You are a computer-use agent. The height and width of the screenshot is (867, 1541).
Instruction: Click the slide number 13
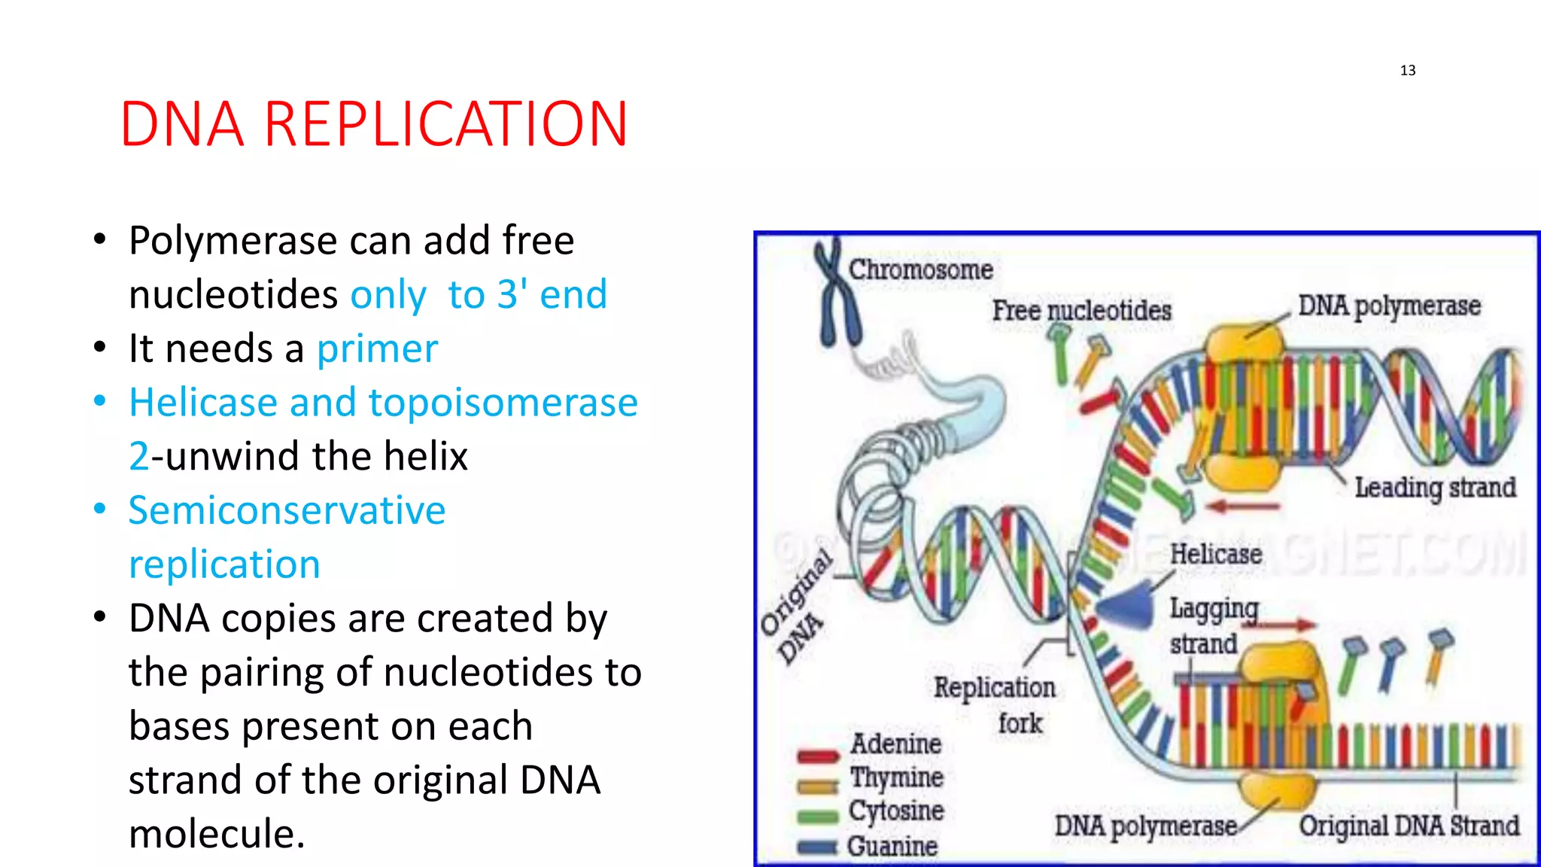pos(1407,70)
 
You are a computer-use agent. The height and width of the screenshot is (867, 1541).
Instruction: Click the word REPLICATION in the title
pos(445,124)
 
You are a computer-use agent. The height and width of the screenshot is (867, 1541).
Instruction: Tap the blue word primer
pos(377,349)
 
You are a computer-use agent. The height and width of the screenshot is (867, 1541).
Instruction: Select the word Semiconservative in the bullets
pos(287,510)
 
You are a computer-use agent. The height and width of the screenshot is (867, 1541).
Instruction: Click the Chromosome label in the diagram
pos(920,269)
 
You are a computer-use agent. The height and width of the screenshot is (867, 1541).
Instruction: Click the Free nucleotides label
pos(1081,310)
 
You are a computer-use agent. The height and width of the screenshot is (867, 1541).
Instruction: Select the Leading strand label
pos(1435,488)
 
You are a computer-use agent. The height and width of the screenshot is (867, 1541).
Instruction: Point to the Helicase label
pos(1215,555)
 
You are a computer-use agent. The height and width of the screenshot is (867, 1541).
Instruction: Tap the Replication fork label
pos(995,688)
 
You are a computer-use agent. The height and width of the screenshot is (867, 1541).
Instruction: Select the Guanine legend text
pos(892,847)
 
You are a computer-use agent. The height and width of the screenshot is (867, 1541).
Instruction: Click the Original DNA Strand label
pos(1409,826)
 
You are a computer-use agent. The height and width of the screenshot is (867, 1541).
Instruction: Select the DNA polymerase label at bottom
pos(1145,826)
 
